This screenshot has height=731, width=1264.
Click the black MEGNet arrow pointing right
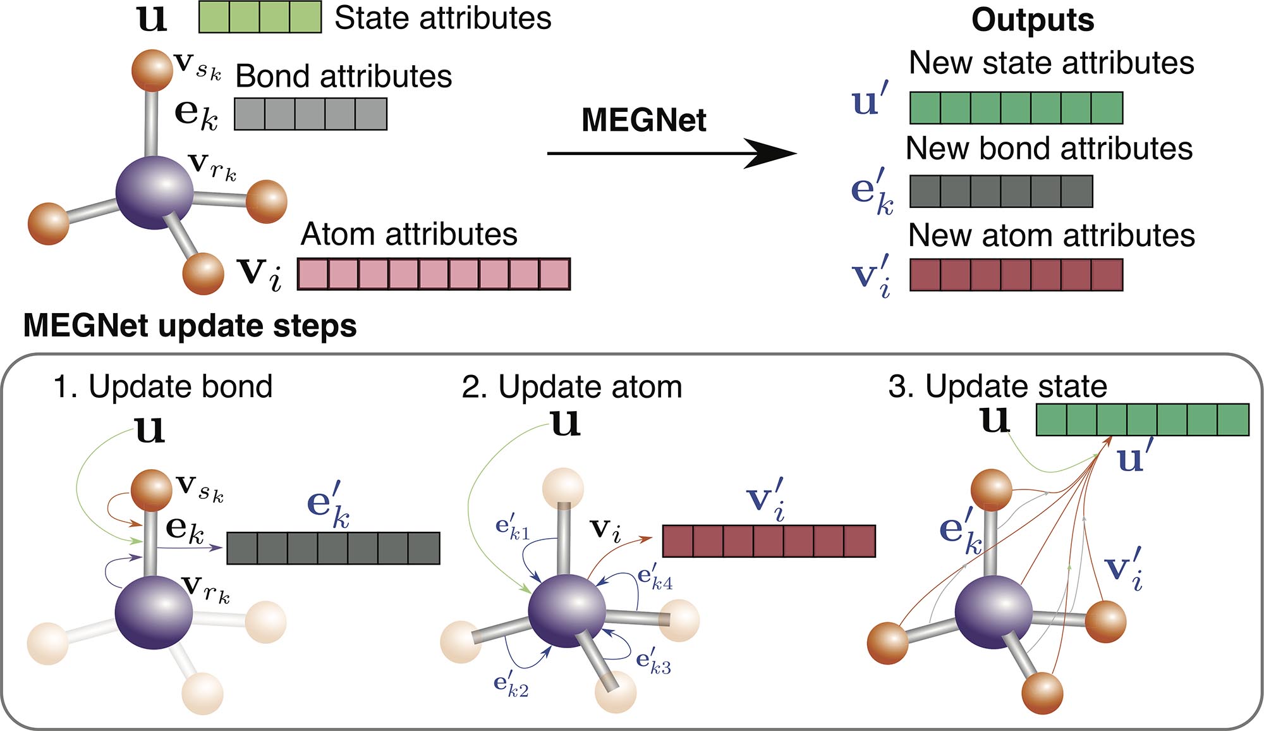click(670, 153)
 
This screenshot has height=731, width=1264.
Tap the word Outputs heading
click(1033, 20)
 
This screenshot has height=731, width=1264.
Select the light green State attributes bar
click(260, 17)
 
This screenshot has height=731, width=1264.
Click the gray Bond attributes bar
click(310, 114)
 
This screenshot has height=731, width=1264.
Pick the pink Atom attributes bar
click(434, 274)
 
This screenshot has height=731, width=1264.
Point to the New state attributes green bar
click(1016, 107)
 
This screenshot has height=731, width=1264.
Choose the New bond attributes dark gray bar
click(1001, 191)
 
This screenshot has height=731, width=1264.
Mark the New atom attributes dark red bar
click(1016, 274)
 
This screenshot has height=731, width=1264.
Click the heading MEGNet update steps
click(190, 326)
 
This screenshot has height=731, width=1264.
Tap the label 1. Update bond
click(163, 386)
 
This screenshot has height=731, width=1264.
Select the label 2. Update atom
click(572, 386)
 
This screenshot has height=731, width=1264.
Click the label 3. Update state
click(997, 386)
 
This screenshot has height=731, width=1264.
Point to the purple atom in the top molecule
click(154, 192)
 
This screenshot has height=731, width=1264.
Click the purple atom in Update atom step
click(566, 611)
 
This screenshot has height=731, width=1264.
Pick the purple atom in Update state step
click(993, 611)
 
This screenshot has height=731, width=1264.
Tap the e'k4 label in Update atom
click(655, 578)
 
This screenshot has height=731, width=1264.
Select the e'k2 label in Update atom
click(511, 685)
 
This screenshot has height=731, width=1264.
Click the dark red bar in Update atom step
click(769, 541)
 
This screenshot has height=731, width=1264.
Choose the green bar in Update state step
click(1143, 420)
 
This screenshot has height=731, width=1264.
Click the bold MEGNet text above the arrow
click(643, 120)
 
